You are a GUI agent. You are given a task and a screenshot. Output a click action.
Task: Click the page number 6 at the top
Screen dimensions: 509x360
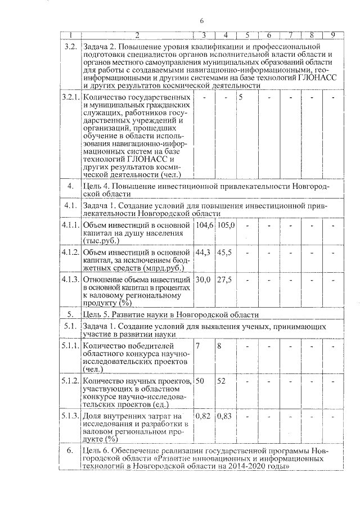[201, 21]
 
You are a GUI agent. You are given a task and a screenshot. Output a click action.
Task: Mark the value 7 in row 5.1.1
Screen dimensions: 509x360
[197, 345]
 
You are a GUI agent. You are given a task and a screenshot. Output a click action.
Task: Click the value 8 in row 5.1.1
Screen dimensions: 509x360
[219, 345]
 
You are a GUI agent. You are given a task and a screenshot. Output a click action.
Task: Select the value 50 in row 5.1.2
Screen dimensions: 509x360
[200, 381]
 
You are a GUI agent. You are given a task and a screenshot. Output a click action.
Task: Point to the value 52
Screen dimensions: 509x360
[222, 381]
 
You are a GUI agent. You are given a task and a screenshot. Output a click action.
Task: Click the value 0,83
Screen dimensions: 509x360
[225, 416]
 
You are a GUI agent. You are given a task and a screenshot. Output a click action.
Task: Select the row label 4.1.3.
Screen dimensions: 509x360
[71, 280]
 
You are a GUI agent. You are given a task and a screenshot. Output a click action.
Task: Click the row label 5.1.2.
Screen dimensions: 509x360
[71, 381]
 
